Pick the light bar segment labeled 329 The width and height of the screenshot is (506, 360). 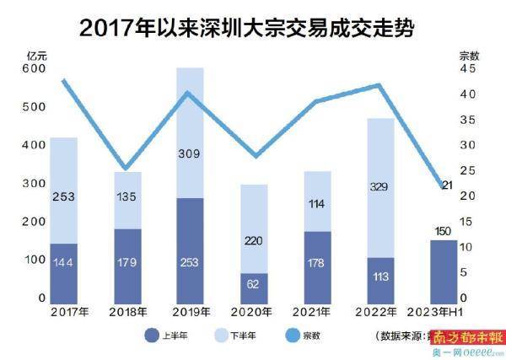point(380,188)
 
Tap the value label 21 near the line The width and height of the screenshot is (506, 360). point(449,185)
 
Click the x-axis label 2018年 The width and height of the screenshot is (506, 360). point(126,312)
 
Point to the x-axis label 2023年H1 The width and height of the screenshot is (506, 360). point(443,312)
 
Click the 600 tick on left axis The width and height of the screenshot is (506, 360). point(35,70)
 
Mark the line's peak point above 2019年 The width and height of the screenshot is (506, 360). point(190,93)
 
